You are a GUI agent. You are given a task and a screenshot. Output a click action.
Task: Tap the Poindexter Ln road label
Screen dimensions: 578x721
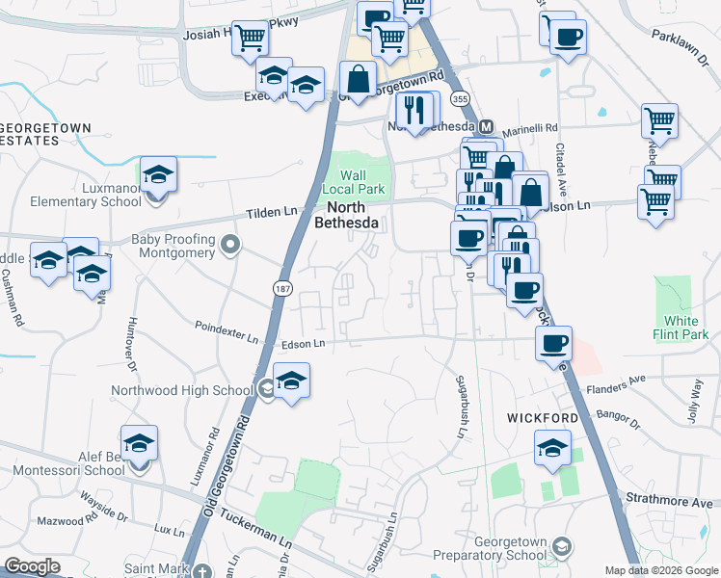tap(227, 337)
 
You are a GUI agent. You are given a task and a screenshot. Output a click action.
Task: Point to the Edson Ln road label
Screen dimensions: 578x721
tap(304, 343)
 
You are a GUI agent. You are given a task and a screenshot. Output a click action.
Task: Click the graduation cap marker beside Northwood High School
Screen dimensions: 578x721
tap(291, 379)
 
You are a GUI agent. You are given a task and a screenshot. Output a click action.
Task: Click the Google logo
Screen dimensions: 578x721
tap(33, 566)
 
